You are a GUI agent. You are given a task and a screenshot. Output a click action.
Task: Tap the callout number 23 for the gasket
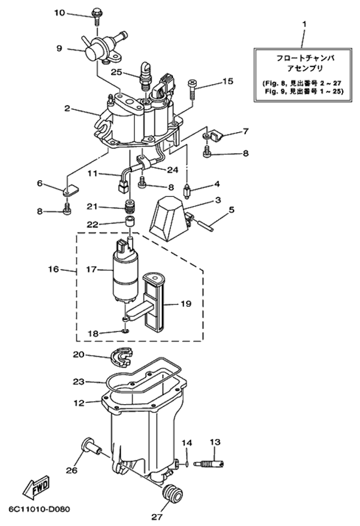coord(78,381)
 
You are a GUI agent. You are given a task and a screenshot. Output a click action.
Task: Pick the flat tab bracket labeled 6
coord(70,191)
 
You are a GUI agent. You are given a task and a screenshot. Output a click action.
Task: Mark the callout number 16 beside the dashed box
coord(53,270)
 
